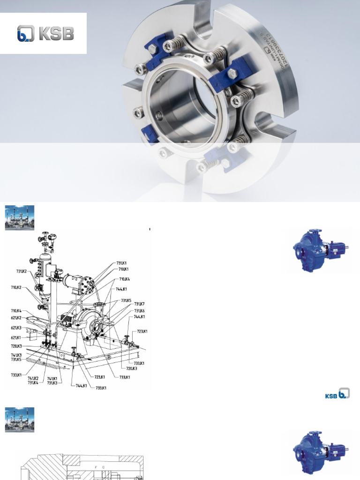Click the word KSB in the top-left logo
coord(57,34)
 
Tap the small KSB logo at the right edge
coord(337,394)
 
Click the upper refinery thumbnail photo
coord(20,217)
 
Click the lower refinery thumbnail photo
coord(20,420)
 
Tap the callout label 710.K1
coord(123,269)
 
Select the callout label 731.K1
coord(122,262)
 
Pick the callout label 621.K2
coord(16,318)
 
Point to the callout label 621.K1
coord(16,337)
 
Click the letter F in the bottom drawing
coord(96,467)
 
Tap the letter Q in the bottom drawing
coord(103,467)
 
